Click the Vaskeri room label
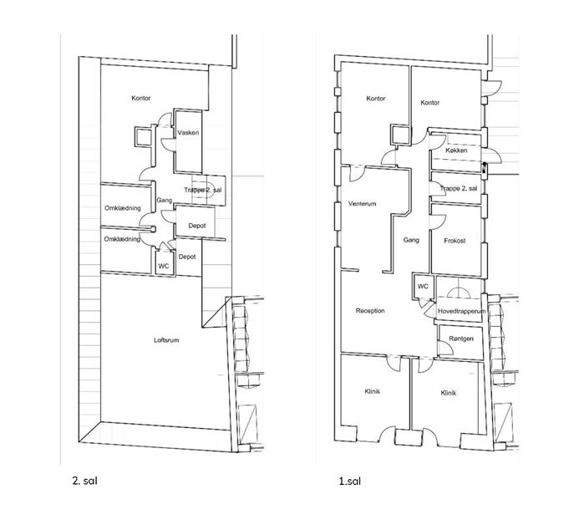pyautogui.click(x=188, y=133)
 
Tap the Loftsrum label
pyautogui.click(x=166, y=340)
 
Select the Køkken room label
pyautogui.click(x=456, y=150)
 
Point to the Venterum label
pyautogui.click(x=362, y=204)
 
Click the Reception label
pyautogui.click(x=370, y=311)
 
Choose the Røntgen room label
pyautogui.click(x=461, y=339)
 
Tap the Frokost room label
pyautogui.click(x=455, y=241)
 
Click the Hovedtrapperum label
pyautogui.click(x=461, y=311)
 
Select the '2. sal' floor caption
pyautogui.click(x=85, y=481)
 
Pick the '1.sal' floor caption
pyautogui.click(x=350, y=481)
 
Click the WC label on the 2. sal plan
pyautogui.click(x=163, y=266)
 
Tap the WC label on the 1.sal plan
pyautogui.click(x=423, y=286)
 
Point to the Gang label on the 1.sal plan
pyautogui.click(x=411, y=240)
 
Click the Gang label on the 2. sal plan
pyautogui.click(x=165, y=201)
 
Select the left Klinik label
pyautogui.click(x=373, y=391)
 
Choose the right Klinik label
pyautogui.click(x=449, y=393)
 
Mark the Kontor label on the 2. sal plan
pyautogui.click(x=141, y=98)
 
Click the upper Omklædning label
pyautogui.click(x=123, y=208)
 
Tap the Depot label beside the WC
pyautogui.click(x=187, y=257)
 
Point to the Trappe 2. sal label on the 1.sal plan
pyautogui.click(x=459, y=189)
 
